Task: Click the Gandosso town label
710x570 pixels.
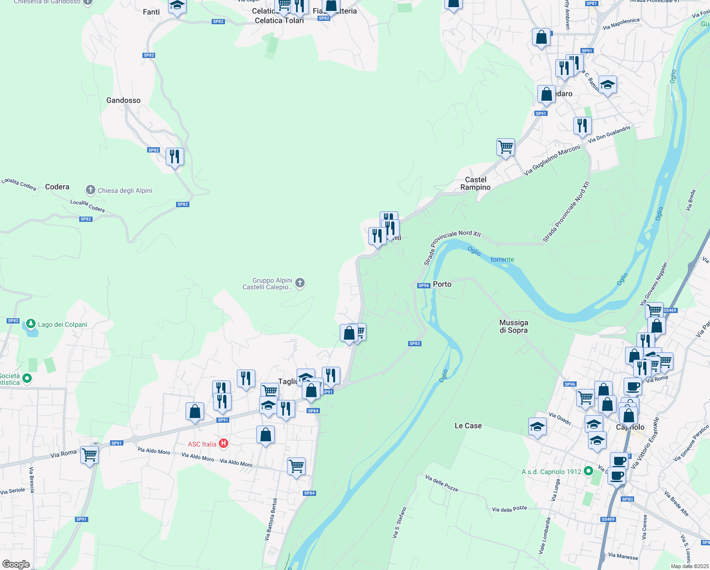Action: coord(123,100)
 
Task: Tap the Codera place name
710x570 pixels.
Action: coord(57,187)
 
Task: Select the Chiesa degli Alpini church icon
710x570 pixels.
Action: coord(90,190)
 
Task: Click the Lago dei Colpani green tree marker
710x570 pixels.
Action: coord(31,324)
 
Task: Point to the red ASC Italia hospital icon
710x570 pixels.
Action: coord(223,444)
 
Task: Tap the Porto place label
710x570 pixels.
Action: coord(442,284)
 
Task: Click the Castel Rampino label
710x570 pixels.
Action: coord(476,183)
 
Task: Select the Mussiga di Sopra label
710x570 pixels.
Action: coord(514,326)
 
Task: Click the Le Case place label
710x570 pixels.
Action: coord(468,426)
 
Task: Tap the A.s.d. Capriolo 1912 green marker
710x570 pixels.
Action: coord(589,471)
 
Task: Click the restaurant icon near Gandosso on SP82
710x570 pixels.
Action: coord(175,156)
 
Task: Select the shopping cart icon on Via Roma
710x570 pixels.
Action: coord(89,455)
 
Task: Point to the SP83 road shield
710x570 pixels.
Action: coord(414,343)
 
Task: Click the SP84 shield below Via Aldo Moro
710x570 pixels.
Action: coord(309,493)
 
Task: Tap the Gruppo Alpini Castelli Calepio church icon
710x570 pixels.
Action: coord(300,284)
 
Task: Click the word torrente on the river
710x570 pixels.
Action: coord(502,259)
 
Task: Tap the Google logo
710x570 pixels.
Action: coord(16,564)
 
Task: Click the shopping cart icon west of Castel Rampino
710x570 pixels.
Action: coord(505,147)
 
